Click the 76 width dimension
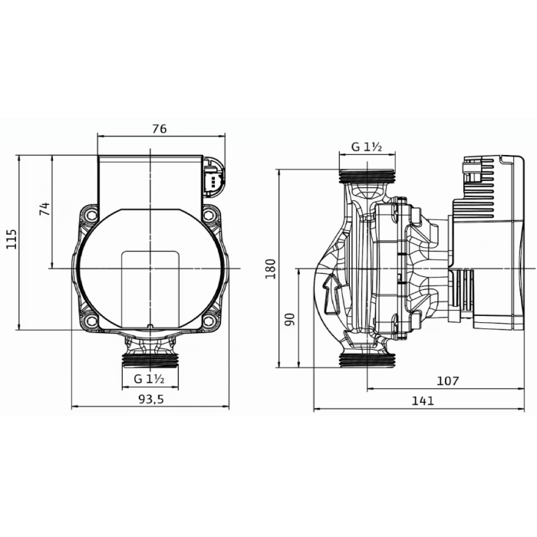[x=159, y=129]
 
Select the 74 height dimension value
[x=44, y=209]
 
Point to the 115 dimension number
[x=11, y=241]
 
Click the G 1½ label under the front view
[x=150, y=379]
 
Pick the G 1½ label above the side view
[x=367, y=147]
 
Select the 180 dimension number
[x=270, y=268]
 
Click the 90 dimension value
[x=289, y=318]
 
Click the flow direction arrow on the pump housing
[x=331, y=295]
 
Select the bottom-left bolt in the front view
[x=91, y=321]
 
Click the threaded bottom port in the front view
[x=150, y=358]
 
